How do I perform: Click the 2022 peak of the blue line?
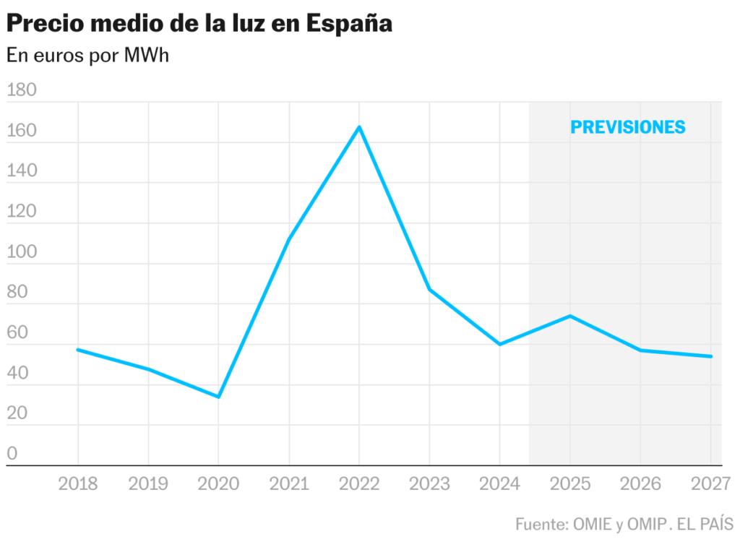(359, 127)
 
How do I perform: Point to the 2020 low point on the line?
(218, 397)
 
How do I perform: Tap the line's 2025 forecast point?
(570, 316)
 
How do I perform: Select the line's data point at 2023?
(429, 289)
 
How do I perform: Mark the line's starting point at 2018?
(78, 350)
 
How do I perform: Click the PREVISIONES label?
(627, 127)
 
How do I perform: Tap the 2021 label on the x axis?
(289, 483)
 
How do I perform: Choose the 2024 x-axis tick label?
(499, 483)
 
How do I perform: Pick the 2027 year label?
(711, 483)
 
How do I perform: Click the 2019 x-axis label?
(148, 483)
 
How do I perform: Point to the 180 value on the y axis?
(22, 90)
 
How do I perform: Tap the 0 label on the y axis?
(12, 454)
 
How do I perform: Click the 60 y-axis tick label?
(17, 333)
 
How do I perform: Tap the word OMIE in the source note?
(593, 524)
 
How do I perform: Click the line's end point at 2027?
(711, 356)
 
